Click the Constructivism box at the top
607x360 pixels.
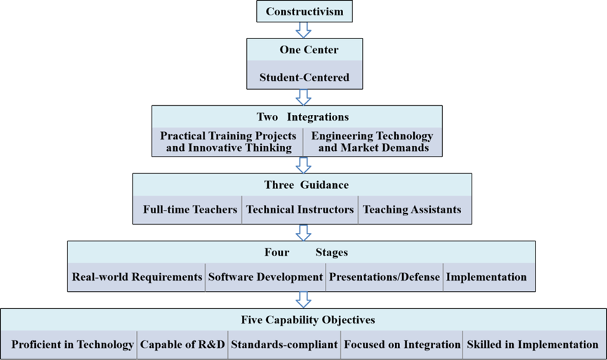pos(304,11)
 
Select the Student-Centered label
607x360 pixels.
pos(304,77)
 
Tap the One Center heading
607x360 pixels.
pos(304,51)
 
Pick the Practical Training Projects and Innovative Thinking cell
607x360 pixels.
pos(227,141)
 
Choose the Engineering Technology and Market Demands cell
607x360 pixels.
pos(372,141)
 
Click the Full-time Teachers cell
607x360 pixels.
pos(189,209)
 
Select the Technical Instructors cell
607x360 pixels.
pos(300,209)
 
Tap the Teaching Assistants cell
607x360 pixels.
pos(411,209)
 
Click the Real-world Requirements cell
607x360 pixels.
pos(137,276)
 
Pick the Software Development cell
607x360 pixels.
pos(265,276)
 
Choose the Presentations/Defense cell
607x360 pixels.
pos(384,276)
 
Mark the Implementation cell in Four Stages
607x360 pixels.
pos(486,276)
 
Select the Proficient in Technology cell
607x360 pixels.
pos(72,345)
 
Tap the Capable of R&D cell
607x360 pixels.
pos(182,345)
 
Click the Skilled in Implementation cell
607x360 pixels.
pos(532,345)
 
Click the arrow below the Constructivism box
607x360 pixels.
pos(304,30)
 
